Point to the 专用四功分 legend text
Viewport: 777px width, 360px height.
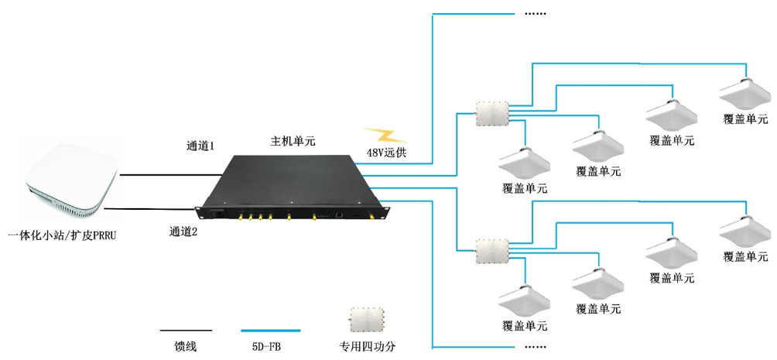(373, 347)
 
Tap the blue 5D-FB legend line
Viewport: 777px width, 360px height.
(270, 331)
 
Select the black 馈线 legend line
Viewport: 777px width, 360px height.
(186, 331)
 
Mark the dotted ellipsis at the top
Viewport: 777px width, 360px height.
(536, 14)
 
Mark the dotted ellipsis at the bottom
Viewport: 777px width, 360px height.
(536, 345)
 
